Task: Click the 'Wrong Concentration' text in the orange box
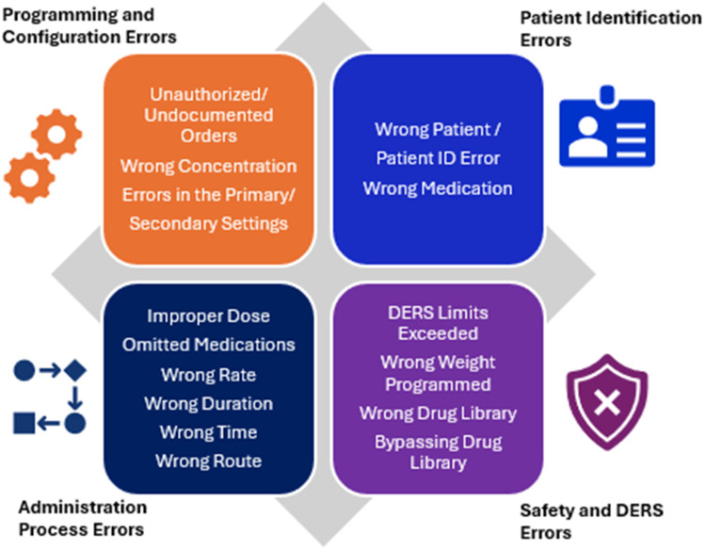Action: [208, 167]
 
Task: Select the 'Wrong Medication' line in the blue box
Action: [438, 188]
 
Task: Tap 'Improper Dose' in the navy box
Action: [208, 316]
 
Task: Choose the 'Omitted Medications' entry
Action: [208, 346]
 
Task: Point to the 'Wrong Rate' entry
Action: [208, 375]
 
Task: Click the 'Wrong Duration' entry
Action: [208, 404]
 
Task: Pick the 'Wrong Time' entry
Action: [208, 432]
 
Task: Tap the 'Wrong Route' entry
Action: [208, 461]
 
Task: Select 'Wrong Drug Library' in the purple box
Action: [439, 413]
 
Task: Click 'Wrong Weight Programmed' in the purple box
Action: [439, 373]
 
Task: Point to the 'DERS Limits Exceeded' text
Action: [439, 322]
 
